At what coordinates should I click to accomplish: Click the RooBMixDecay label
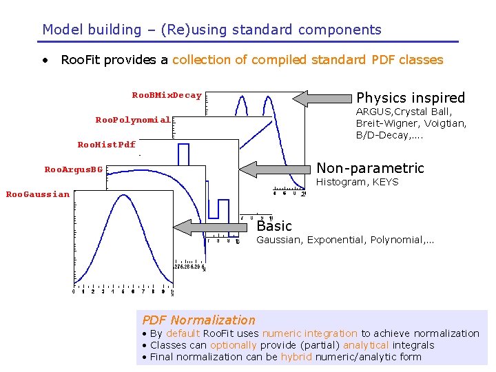pyautogui.click(x=167, y=96)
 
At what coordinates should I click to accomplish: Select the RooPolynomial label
pyautogui.click(x=133, y=120)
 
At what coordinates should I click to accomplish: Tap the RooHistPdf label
pyautogui.click(x=107, y=145)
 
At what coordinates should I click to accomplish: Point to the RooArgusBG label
pyautogui.click(x=74, y=169)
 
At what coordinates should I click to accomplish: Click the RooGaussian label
pyautogui.click(x=38, y=194)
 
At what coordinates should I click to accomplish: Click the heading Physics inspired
pyautogui.click(x=411, y=98)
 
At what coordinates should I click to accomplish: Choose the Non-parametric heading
pyautogui.click(x=370, y=168)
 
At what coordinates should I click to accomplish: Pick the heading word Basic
pyautogui.click(x=274, y=226)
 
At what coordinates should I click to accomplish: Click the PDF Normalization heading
pyautogui.click(x=198, y=320)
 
